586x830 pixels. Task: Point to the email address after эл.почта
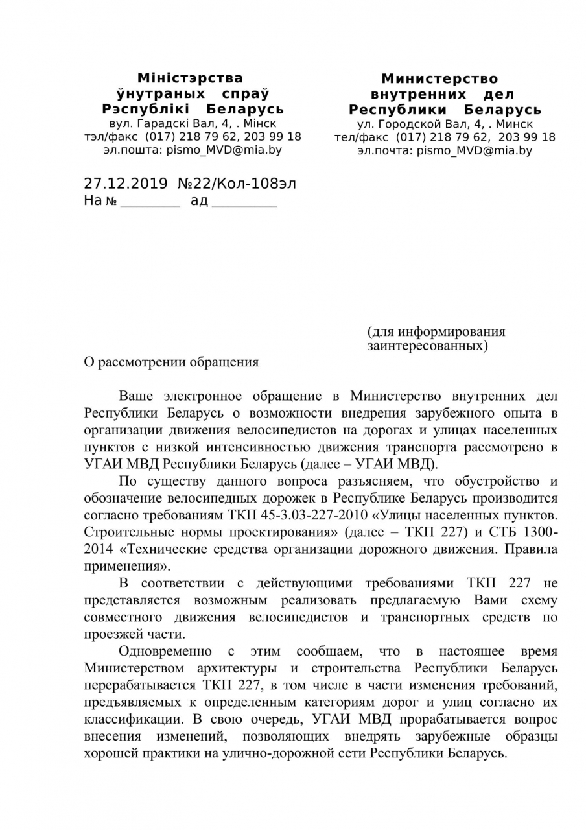[x=475, y=150]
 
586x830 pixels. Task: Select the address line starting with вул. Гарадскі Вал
[x=192, y=123]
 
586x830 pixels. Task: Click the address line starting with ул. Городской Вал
[x=445, y=124]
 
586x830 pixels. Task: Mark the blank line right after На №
[x=150, y=202]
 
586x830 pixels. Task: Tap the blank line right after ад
[x=244, y=202]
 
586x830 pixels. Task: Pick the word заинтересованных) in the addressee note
[x=427, y=346]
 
